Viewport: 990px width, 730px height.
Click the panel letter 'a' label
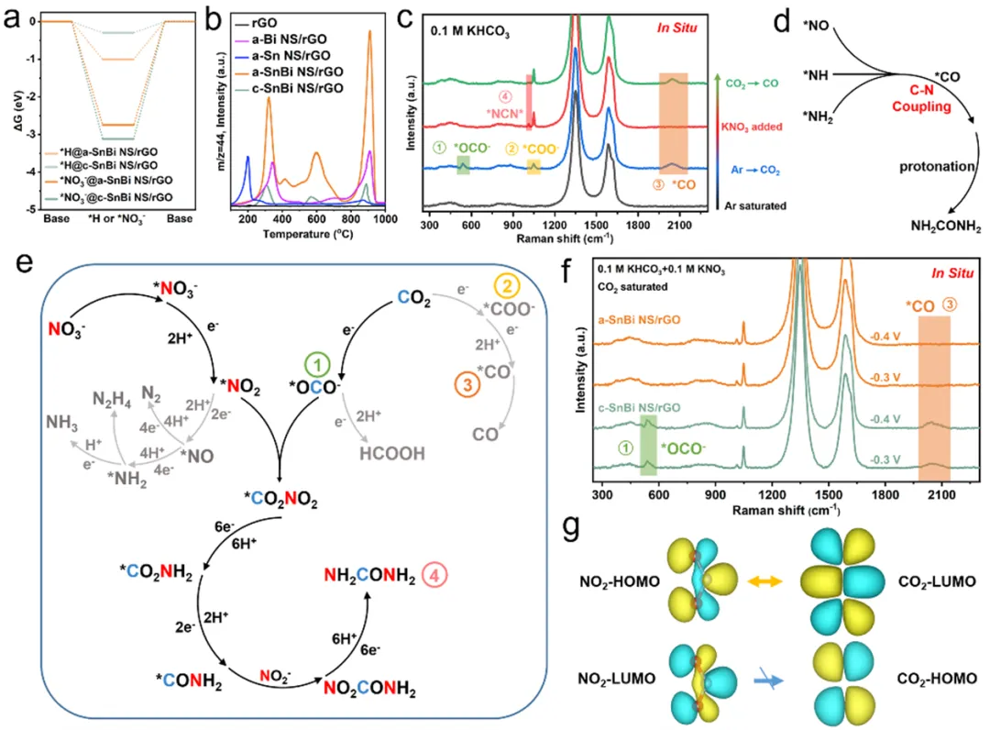coord(11,17)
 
